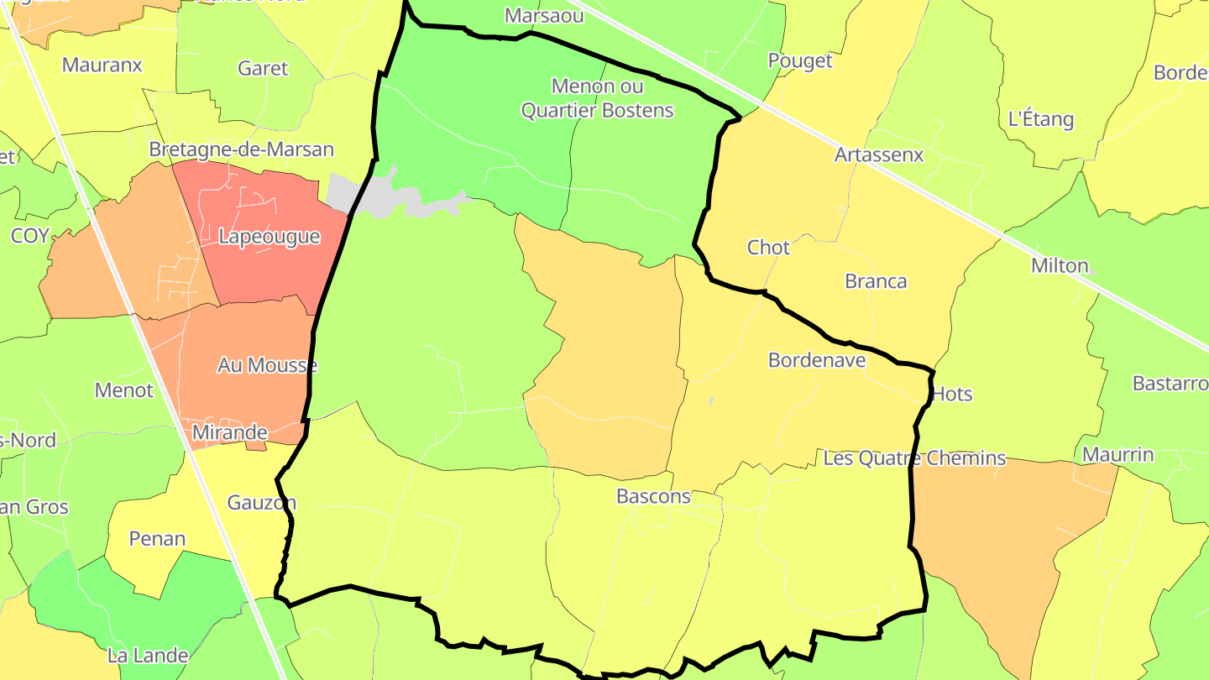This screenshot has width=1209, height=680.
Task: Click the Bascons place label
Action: [653, 496]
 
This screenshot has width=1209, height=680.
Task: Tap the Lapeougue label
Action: [269, 237]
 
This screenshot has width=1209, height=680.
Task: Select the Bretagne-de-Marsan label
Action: [241, 149]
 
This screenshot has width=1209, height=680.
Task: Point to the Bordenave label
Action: [817, 360]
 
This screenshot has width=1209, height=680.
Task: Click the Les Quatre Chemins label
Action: [914, 458]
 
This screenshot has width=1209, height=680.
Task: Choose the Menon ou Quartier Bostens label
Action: [598, 98]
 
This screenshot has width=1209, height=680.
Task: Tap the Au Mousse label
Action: [267, 365]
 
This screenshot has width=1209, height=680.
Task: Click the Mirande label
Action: [229, 432]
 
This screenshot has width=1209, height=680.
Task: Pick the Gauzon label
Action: [261, 503]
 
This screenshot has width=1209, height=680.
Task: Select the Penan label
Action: [157, 538]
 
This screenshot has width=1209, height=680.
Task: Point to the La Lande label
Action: [148, 655]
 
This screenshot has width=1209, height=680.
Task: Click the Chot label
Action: [768, 248]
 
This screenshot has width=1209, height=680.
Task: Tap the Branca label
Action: [876, 281]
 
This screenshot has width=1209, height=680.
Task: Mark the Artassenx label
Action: [878, 155]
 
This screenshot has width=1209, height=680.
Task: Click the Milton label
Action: [1060, 266]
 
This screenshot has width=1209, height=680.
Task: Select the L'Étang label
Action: [1041, 119]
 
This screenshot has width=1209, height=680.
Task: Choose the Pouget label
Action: [800, 60]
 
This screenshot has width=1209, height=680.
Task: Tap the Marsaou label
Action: [531, 16]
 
